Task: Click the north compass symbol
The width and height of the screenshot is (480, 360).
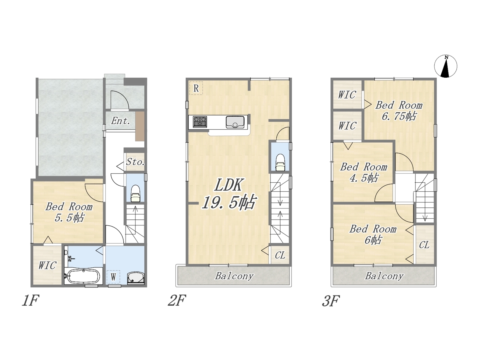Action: click(x=445, y=66)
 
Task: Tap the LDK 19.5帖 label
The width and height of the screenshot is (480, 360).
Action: click(x=228, y=194)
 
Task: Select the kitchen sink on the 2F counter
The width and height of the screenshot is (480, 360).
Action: click(x=235, y=122)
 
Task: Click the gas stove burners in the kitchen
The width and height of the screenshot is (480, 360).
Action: click(x=199, y=122)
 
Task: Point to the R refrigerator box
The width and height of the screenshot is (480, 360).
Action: click(x=196, y=88)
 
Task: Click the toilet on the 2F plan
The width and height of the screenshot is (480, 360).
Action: click(x=280, y=162)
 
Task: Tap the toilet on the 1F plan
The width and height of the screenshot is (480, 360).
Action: click(x=135, y=193)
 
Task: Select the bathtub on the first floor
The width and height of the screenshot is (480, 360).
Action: click(x=83, y=276)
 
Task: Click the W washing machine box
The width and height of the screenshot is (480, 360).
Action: click(x=113, y=277)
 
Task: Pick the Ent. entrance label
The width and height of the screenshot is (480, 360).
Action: click(x=120, y=121)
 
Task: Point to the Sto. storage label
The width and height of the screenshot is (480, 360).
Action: click(x=135, y=162)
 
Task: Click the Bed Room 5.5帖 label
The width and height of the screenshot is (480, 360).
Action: click(x=69, y=212)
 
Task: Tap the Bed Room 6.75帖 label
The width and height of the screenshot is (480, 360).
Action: click(x=399, y=111)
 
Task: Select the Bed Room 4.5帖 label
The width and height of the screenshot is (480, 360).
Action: click(x=364, y=172)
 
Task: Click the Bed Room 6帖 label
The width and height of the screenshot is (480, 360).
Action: click(x=373, y=234)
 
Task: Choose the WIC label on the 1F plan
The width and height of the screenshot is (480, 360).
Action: click(x=48, y=265)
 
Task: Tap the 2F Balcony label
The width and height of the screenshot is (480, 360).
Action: click(x=234, y=276)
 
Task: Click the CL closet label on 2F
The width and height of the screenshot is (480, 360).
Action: click(x=280, y=255)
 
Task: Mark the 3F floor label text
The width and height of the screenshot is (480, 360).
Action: click(x=331, y=301)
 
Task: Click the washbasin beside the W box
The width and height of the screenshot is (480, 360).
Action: click(x=136, y=278)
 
